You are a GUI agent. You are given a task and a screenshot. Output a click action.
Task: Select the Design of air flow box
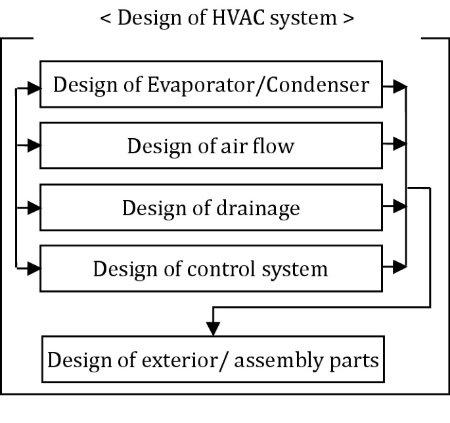(x=211, y=145)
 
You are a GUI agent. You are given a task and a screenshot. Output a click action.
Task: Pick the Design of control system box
(x=211, y=268)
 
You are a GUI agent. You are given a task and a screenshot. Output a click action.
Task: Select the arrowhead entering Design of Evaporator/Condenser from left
(x=34, y=85)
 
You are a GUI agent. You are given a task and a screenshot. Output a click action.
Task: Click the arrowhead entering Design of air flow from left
(x=34, y=145)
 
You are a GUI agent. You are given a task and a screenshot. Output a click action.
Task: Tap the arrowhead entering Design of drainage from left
(x=34, y=207)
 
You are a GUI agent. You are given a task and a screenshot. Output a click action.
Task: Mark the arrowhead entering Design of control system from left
(x=34, y=267)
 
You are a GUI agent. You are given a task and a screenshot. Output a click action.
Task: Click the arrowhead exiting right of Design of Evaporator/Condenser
(x=398, y=85)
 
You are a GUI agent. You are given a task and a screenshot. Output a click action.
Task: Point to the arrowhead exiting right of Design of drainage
(x=398, y=207)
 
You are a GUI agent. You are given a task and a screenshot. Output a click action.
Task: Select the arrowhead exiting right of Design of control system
(x=398, y=266)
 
